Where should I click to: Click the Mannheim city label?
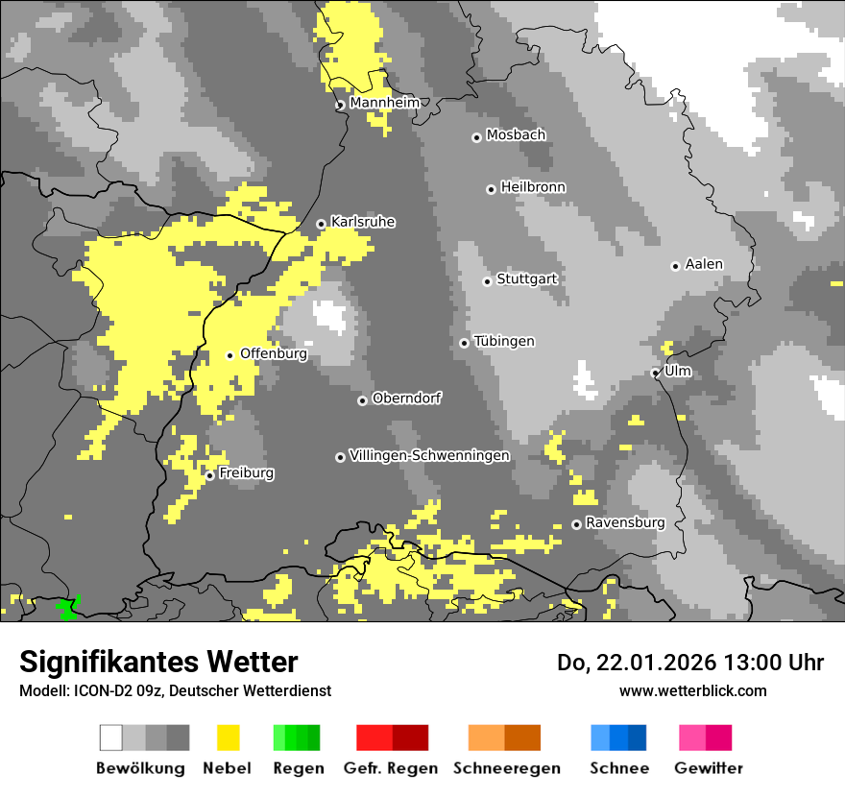pyautogui.click(x=384, y=103)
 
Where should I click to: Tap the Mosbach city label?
pyautogui.click(x=516, y=135)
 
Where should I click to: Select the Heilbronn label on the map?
pyautogui.click(x=533, y=187)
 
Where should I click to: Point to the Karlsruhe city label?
pyautogui.click(x=363, y=222)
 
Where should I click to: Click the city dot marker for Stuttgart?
pyautogui.click(x=488, y=281)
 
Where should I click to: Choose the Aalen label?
pyautogui.click(x=704, y=264)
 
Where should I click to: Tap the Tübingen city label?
pyautogui.click(x=504, y=341)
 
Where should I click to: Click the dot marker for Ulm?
pyautogui.click(x=655, y=373)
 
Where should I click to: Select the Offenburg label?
pyautogui.click(x=274, y=353)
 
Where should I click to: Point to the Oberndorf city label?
pyautogui.click(x=407, y=398)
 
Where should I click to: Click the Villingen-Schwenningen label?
pyautogui.click(x=429, y=455)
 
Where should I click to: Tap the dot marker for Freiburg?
pyautogui.click(x=209, y=475)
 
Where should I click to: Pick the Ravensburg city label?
pyautogui.click(x=625, y=522)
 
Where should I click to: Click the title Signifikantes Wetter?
pyautogui.click(x=158, y=662)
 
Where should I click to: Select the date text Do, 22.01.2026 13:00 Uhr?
pyautogui.click(x=690, y=663)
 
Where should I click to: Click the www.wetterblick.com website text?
pyautogui.click(x=692, y=690)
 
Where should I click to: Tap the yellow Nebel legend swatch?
pyautogui.click(x=228, y=737)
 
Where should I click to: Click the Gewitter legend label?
pyautogui.click(x=709, y=768)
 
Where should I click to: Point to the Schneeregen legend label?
pyautogui.click(x=507, y=768)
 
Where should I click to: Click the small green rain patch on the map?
pyautogui.click(x=67, y=608)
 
